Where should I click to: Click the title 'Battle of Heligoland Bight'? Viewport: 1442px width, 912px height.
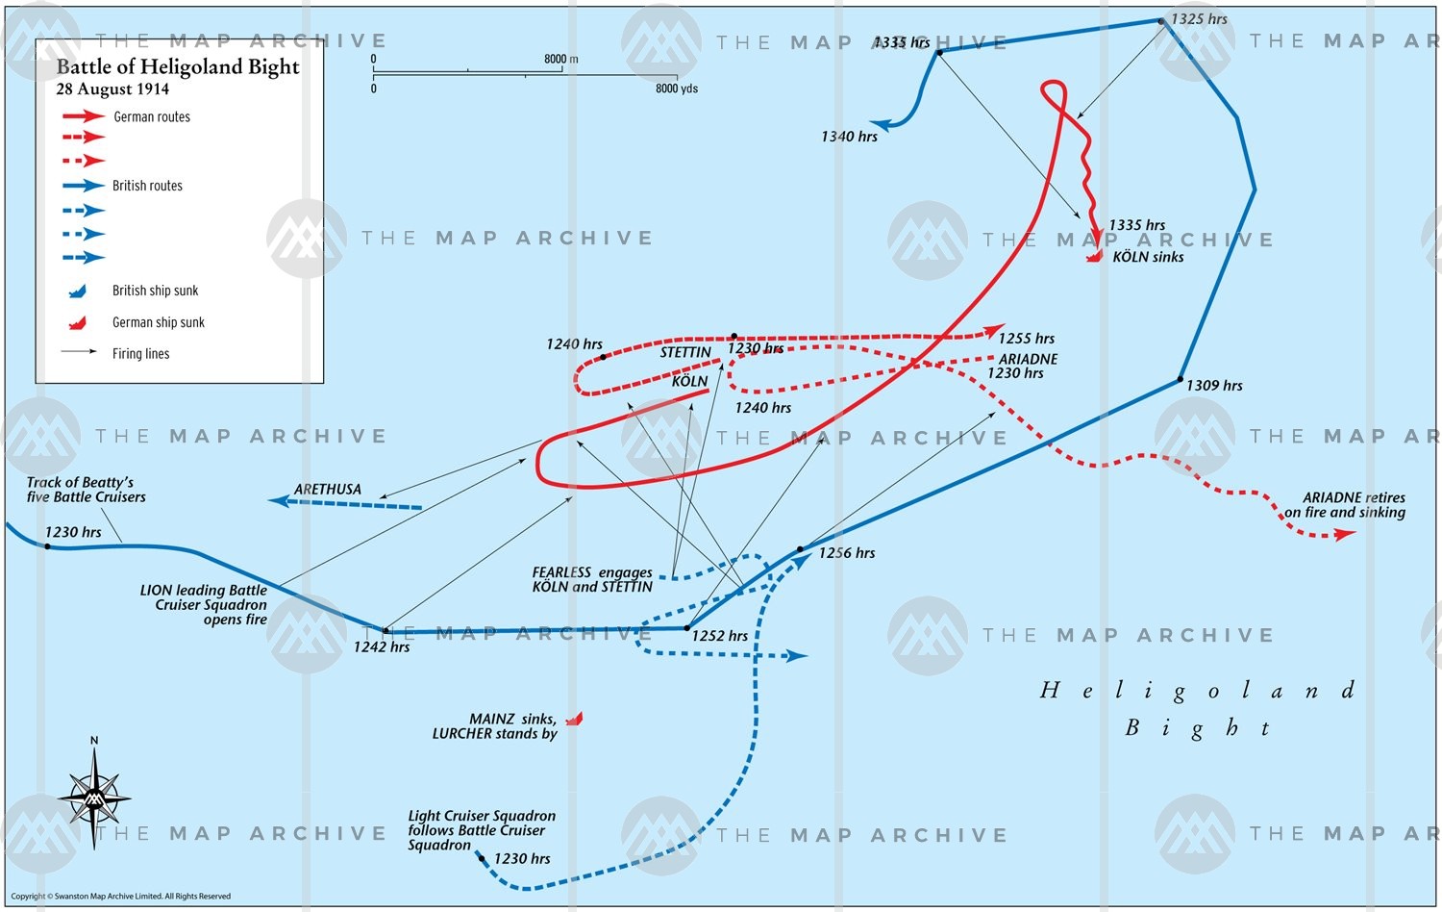click(178, 66)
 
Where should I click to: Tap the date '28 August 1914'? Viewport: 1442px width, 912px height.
click(112, 89)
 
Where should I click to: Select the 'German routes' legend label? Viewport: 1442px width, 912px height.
click(152, 117)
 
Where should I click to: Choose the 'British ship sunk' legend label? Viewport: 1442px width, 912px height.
click(156, 291)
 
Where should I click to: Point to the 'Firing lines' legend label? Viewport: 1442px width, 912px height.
click(140, 354)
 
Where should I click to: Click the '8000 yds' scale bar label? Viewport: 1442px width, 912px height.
click(677, 89)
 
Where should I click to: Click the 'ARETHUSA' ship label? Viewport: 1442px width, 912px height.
click(328, 490)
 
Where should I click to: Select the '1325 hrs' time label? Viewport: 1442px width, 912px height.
click(1199, 19)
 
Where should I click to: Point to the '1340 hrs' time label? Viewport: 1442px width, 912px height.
click(849, 137)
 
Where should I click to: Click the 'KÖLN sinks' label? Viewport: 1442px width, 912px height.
click(1148, 257)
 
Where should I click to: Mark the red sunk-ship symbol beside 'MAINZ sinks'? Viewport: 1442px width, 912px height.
click(574, 719)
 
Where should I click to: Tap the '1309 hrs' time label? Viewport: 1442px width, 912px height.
click(1214, 386)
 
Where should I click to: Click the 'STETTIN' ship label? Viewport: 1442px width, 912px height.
click(685, 353)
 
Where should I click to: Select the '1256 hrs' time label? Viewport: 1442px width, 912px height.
click(847, 553)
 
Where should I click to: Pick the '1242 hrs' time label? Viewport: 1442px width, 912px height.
click(382, 647)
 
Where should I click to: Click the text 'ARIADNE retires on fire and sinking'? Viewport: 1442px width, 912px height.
click(1346, 505)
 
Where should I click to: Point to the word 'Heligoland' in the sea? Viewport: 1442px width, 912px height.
click(1198, 691)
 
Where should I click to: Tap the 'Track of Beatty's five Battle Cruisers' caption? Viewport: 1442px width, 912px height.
click(87, 490)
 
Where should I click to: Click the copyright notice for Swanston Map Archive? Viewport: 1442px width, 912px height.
click(121, 897)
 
